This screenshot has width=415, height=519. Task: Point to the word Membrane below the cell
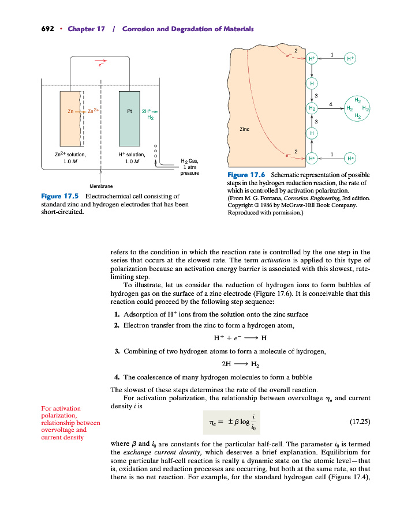coord(101,186)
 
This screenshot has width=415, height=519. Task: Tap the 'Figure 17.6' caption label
coord(247,175)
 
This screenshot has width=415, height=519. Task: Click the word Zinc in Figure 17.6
coord(244,129)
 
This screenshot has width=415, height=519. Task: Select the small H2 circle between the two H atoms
coord(312,108)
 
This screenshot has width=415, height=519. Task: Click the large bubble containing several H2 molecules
coord(357,108)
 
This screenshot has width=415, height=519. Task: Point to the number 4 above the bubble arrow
coord(331,103)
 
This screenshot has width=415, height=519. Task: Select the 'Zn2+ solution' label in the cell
coord(70,154)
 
